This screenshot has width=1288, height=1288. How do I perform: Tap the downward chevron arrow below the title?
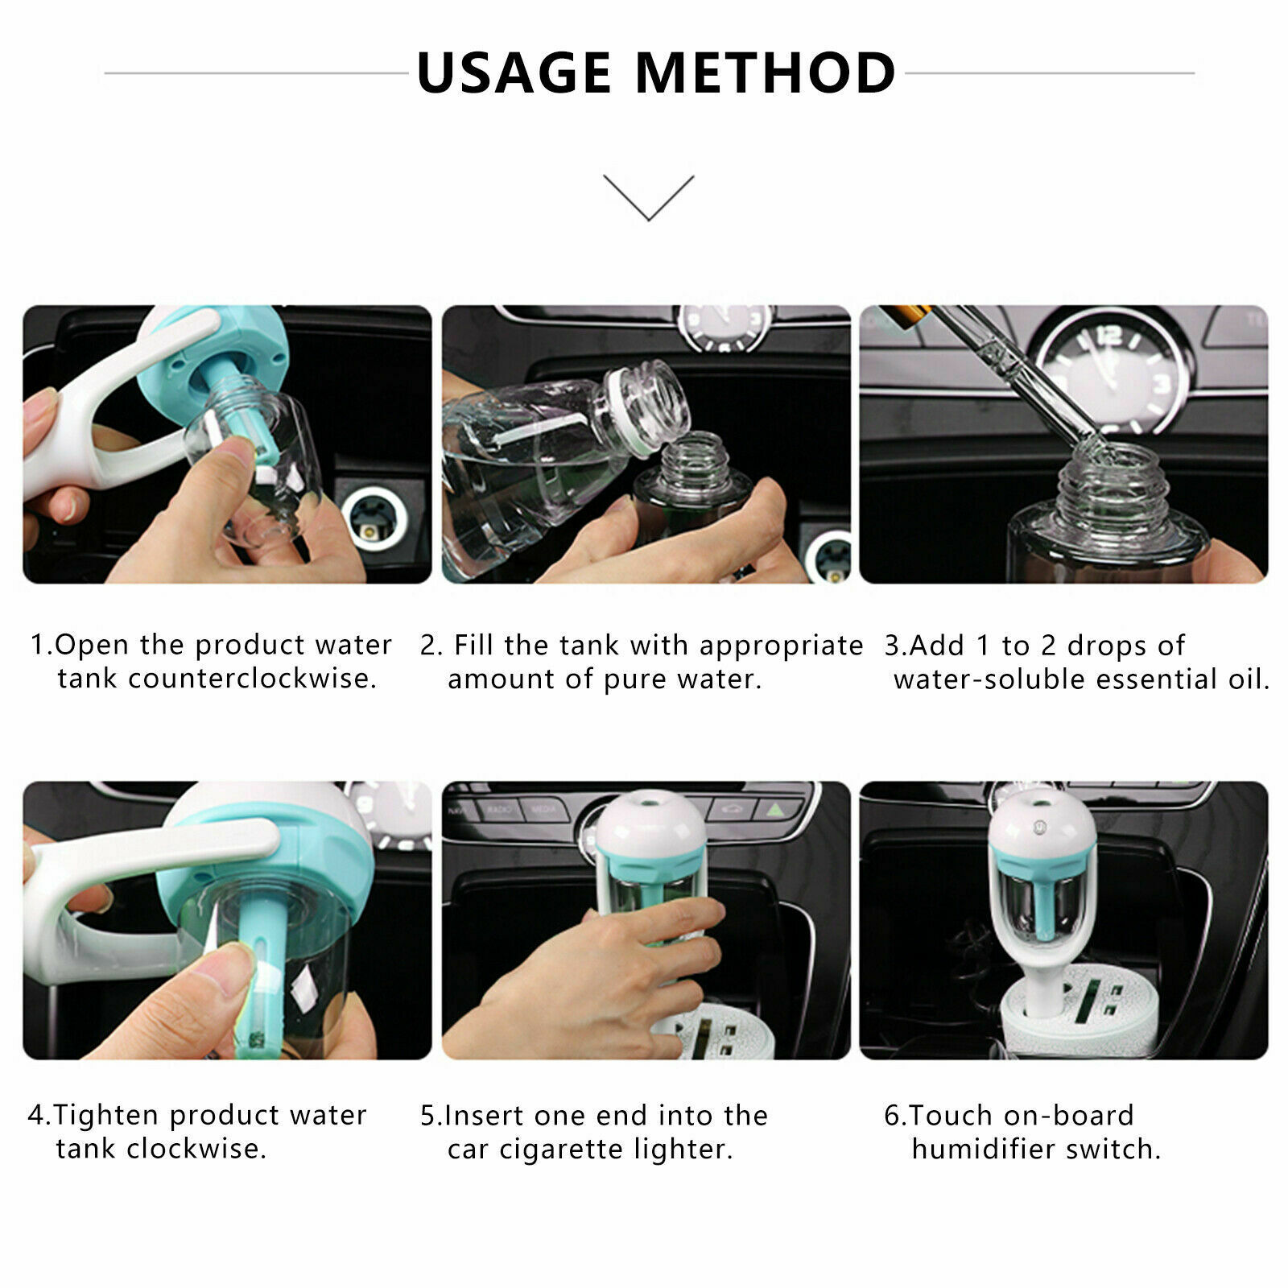pos(648,198)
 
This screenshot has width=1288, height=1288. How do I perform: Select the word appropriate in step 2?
pos(781,646)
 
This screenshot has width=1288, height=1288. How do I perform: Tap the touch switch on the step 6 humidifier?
pos(1039,826)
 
